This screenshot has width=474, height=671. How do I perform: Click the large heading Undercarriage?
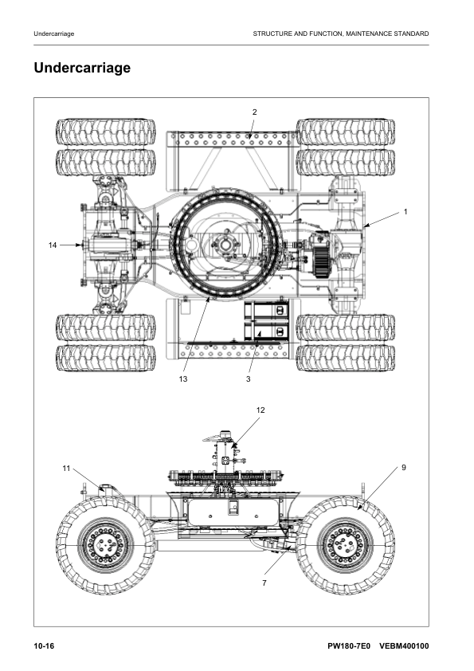(82, 69)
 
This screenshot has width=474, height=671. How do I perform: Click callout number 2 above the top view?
(254, 112)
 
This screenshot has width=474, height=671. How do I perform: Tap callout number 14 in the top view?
(53, 245)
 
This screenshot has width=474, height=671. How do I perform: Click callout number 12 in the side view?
(261, 410)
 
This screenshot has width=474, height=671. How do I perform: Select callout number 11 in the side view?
(67, 467)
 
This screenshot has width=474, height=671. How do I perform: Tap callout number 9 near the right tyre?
(404, 467)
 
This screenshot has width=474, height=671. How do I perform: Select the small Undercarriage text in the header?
(54, 33)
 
